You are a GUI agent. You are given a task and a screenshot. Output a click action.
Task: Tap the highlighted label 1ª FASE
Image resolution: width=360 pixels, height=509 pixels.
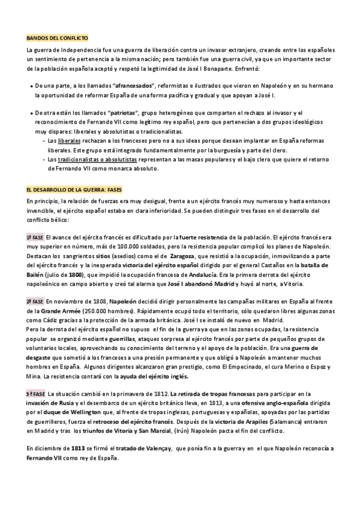(35, 238)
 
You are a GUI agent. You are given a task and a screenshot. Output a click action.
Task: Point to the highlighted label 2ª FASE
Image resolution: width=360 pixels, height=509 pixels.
(35, 301)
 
